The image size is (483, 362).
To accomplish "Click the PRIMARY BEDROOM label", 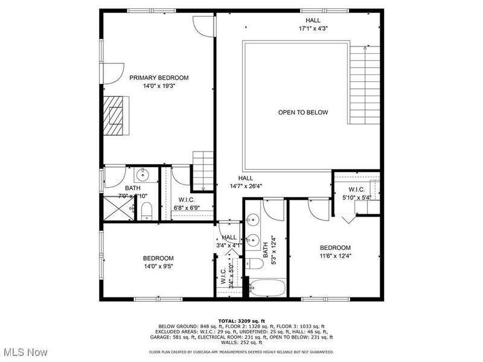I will coord(159,77).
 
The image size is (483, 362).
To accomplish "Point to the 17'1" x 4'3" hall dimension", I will coord(313,28).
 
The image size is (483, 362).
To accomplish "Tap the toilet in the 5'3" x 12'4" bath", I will coord(255,263).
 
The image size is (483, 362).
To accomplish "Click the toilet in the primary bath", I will coord(146,211).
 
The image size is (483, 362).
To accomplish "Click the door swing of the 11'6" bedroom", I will coord(316,208).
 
